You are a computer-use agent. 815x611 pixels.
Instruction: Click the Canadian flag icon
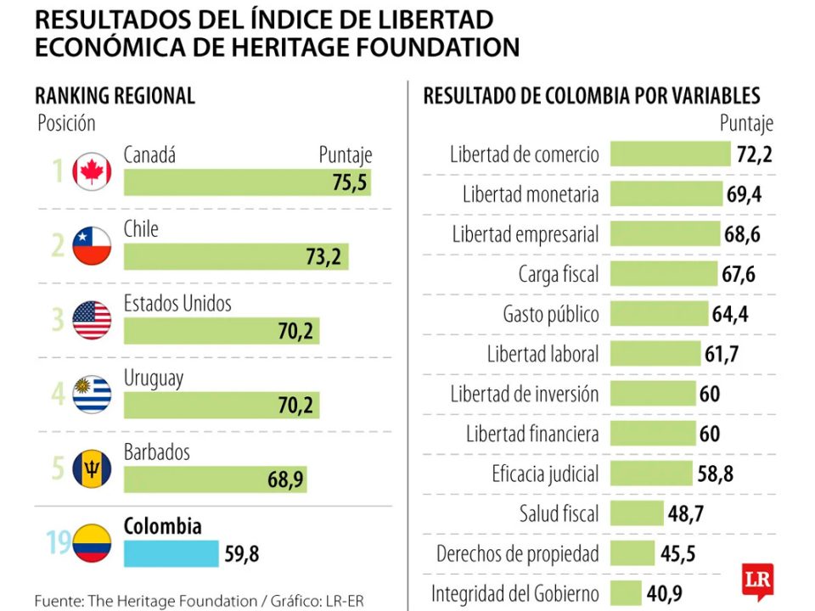click(x=92, y=171)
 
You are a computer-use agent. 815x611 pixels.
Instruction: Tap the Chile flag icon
click(x=92, y=246)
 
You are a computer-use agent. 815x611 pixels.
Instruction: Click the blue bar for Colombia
click(x=171, y=554)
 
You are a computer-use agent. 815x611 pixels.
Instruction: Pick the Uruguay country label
click(x=154, y=378)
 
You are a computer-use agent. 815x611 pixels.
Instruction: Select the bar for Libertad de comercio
click(x=670, y=154)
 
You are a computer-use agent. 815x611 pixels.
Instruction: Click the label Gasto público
click(x=551, y=314)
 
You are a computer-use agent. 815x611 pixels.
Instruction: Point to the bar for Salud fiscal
click(x=636, y=513)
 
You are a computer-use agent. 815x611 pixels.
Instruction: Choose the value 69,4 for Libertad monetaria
click(x=744, y=194)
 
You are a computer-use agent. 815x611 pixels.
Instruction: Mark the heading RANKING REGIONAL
click(x=115, y=96)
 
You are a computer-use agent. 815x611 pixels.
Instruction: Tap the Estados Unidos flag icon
click(x=92, y=321)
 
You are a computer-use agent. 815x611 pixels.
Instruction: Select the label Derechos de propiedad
click(x=518, y=553)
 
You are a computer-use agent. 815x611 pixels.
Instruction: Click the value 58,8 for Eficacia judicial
click(x=715, y=474)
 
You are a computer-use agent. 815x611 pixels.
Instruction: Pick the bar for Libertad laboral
click(x=655, y=354)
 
